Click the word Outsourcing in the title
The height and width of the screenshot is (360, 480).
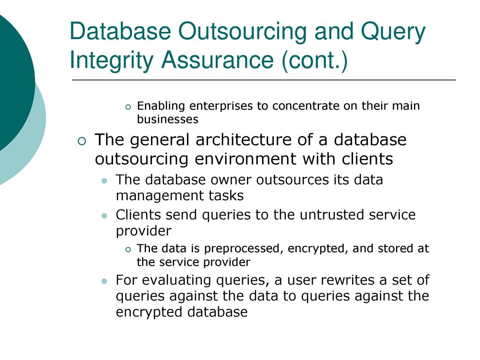pyautogui.click(x=242, y=32)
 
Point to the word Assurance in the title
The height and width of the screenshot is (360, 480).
pyautogui.click(x=217, y=60)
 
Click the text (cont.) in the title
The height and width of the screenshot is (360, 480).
pyautogui.click(x=315, y=60)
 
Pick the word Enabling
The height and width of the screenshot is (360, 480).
pyautogui.click(x=161, y=106)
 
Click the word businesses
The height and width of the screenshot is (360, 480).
pyautogui.click(x=168, y=119)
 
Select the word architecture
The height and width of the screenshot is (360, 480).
pyautogui.click(x=243, y=140)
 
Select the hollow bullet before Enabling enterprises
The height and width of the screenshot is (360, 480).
pyautogui.click(x=128, y=107)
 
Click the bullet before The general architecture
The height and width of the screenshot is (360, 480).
pyautogui.click(x=82, y=142)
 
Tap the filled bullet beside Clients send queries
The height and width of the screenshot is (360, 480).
pyautogui.click(x=105, y=216)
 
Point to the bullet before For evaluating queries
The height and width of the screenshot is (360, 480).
pyautogui.click(x=105, y=281)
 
